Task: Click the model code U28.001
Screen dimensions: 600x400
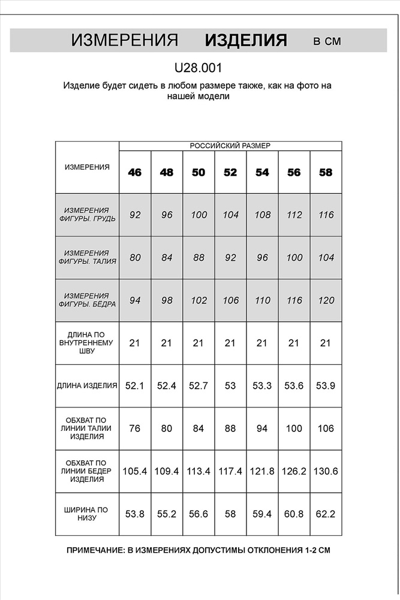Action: pos(200,68)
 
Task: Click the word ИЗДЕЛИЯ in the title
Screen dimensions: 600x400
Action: pos(246,41)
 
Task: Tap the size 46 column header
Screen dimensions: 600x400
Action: pos(135,173)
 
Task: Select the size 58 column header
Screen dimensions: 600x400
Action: pos(326,173)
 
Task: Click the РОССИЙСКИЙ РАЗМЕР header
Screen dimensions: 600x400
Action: pos(230,146)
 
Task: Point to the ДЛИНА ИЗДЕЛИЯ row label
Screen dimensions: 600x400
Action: pos(87,386)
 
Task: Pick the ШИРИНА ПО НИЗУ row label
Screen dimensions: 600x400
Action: pos(87,514)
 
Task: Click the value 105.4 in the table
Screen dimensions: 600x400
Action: pos(135,472)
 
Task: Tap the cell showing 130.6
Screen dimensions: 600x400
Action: pos(326,472)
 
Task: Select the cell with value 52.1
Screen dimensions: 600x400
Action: pos(135,386)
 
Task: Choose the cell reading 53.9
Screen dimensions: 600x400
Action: pos(326,386)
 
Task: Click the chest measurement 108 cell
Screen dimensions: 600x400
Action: pos(262,215)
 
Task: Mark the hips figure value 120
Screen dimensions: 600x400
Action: pos(326,301)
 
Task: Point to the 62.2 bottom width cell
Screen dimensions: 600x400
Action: pos(326,514)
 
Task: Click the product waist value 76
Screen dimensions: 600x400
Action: pos(135,429)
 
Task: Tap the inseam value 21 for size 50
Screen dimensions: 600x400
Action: pos(199,343)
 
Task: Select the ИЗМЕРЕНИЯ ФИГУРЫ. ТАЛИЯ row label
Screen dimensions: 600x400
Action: pos(87,257)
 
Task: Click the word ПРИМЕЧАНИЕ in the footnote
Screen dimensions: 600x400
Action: pos(95,550)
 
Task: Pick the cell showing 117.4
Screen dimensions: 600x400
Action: pos(230,472)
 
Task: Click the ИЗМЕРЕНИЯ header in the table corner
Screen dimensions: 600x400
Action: pos(87,167)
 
